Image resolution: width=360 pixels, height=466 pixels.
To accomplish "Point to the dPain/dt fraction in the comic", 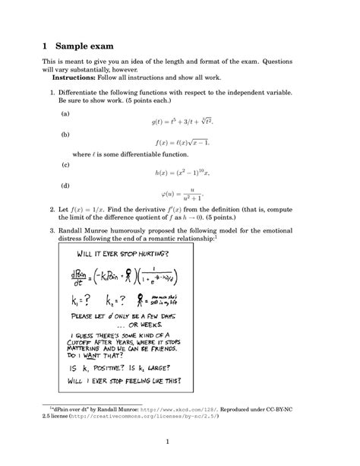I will (x=80, y=276).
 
